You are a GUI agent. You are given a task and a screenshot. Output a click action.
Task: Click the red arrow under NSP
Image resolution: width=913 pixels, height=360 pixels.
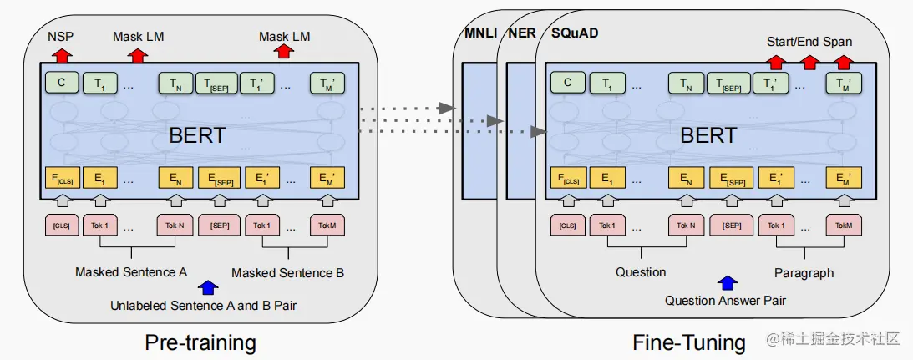(62, 55)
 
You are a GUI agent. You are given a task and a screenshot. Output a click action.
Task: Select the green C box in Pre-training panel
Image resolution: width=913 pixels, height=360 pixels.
(61, 83)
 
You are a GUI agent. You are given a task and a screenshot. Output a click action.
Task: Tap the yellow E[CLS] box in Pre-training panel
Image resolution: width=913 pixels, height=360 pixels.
(61, 177)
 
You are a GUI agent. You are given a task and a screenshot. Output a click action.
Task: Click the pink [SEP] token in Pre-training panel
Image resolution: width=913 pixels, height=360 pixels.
(220, 225)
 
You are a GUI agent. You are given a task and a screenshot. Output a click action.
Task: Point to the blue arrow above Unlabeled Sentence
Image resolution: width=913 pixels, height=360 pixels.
(208, 286)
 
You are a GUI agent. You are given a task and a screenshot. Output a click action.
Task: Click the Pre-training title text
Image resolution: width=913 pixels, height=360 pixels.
(200, 342)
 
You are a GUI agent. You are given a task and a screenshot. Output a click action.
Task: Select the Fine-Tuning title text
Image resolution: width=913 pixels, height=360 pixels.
(689, 342)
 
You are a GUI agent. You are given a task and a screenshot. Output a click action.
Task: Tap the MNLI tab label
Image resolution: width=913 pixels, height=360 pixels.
(480, 33)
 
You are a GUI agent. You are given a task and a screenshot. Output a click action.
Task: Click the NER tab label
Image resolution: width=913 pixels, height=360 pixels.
(522, 33)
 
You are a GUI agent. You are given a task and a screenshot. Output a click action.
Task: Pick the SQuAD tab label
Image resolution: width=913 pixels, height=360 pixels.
(575, 33)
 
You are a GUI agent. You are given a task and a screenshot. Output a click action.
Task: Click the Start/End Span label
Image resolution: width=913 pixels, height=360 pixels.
(809, 42)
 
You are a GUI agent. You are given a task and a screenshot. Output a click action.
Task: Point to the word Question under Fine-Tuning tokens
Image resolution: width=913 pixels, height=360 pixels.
(641, 272)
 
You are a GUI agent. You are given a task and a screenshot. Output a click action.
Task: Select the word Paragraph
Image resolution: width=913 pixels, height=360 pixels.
(804, 272)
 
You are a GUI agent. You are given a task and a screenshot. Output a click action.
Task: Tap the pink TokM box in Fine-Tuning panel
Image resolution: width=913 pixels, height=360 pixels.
(844, 225)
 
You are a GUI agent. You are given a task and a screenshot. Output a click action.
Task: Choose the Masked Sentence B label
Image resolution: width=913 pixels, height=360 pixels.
(287, 272)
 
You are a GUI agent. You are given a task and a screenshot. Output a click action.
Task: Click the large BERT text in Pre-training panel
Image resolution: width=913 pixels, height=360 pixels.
(197, 135)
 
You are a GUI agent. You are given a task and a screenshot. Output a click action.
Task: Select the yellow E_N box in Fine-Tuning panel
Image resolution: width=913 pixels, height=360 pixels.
(685, 178)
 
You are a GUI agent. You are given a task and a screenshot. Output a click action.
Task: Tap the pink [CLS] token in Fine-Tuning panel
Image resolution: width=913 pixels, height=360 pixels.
(568, 225)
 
